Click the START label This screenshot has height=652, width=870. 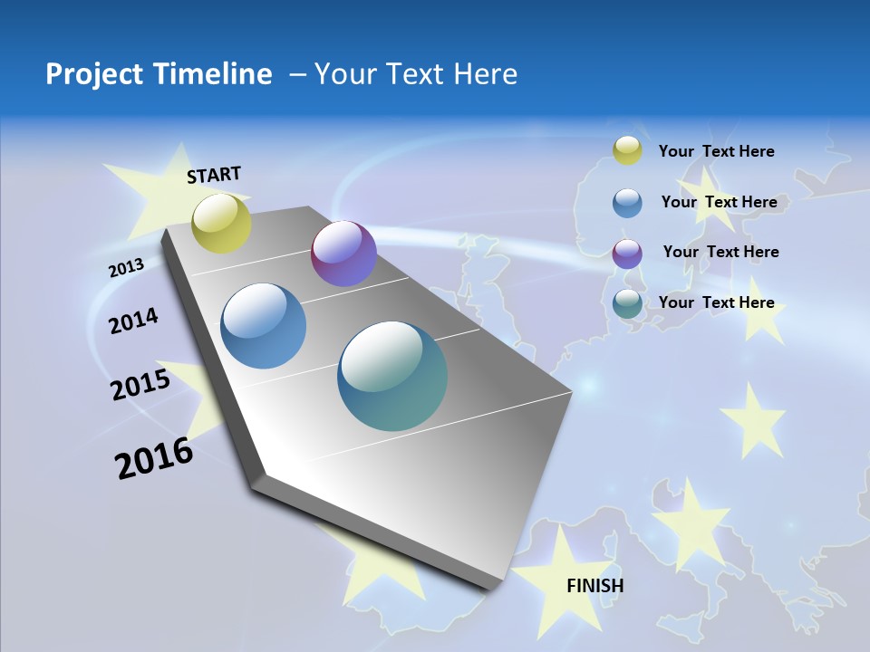[x=214, y=175]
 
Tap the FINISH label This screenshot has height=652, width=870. [x=595, y=585]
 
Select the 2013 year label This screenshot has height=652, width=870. [x=126, y=268]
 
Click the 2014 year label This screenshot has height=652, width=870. [x=133, y=321]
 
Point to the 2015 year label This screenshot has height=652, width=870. [x=140, y=385]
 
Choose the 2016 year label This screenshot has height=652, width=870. [x=154, y=458]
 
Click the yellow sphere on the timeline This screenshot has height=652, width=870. [x=221, y=223]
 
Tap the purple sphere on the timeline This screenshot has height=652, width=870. [x=343, y=254]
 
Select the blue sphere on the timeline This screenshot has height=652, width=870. [x=264, y=326]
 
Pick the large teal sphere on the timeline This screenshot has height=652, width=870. [x=392, y=376]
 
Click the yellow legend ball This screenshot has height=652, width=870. [x=627, y=150]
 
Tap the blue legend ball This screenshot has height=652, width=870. [x=627, y=203]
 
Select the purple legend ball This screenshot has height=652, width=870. [x=627, y=254]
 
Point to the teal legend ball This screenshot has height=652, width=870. [x=627, y=303]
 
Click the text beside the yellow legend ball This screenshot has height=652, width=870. [x=716, y=151]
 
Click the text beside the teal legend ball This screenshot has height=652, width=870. [x=716, y=302]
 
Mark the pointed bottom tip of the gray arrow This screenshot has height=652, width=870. [x=494, y=587]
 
